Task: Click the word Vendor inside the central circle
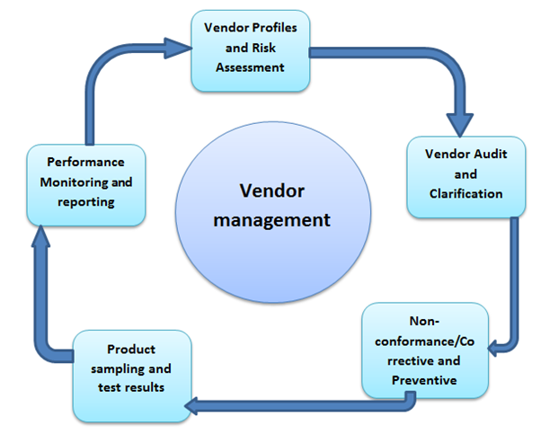[x=271, y=190]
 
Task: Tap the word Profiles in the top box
[x=279, y=29]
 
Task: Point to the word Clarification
[x=465, y=192]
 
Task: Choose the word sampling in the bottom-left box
[x=129, y=368]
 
